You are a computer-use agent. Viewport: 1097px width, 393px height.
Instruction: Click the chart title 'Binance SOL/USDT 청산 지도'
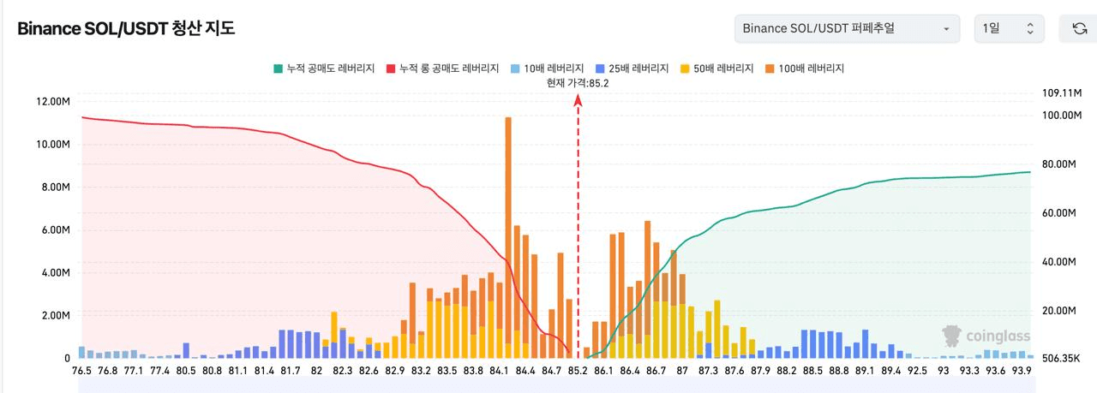[126, 28]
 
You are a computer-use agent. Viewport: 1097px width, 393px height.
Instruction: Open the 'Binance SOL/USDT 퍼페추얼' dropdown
[846, 28]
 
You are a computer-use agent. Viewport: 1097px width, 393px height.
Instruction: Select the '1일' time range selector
[1009, 28]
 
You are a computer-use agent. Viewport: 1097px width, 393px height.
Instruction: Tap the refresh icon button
[1079, 28]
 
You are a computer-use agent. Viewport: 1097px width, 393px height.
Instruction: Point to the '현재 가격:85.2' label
[578, 83]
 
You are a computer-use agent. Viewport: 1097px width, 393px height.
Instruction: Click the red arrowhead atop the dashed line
[578, 99]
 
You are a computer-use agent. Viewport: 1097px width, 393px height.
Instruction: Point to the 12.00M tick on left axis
[52, 102]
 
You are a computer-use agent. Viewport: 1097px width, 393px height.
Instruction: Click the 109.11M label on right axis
[1062, 92]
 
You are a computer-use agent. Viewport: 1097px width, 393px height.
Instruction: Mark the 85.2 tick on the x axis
[578, 371]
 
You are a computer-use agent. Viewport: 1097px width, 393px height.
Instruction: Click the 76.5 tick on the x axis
[82, 371]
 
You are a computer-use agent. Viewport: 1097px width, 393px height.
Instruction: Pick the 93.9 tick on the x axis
[1022, 371]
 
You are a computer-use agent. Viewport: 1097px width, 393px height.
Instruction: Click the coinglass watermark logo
[986, 336]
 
